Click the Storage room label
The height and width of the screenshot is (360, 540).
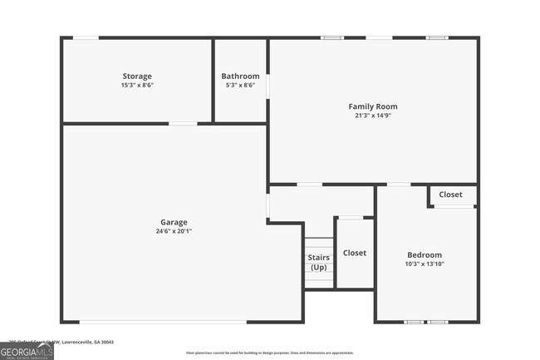[x=137, y=76]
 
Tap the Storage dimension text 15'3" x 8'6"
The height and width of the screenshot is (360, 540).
[x=137, y=85]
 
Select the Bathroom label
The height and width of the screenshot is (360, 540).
[x=240, y=76]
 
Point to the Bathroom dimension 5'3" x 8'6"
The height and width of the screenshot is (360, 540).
[x=240, y=85]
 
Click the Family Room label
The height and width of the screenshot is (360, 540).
[x=372, y=106]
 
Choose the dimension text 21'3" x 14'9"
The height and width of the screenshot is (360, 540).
[x=372, y=115]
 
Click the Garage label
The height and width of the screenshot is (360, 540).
[x=174, y=222]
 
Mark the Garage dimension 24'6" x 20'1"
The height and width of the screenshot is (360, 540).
[x=174, y=230]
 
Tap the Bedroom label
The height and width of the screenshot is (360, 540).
[x=424, y=254]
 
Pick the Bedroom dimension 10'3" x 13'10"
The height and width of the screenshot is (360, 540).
[x=424, y=264]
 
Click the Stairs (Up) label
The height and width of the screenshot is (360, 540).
[x=319, y=263]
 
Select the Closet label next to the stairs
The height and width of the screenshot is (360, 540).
[x=355, y=253]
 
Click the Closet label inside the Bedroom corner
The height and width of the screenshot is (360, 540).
[x=450, y=195]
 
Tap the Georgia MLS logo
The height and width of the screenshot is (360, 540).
[x=27, y=350]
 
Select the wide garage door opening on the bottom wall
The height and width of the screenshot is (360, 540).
[x=162, y=322]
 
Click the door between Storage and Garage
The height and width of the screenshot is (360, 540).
[x=183, y=124]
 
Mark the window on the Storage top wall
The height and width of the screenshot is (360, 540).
[x=86, y=37]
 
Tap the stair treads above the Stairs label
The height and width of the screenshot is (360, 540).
[x=319, y=245]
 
